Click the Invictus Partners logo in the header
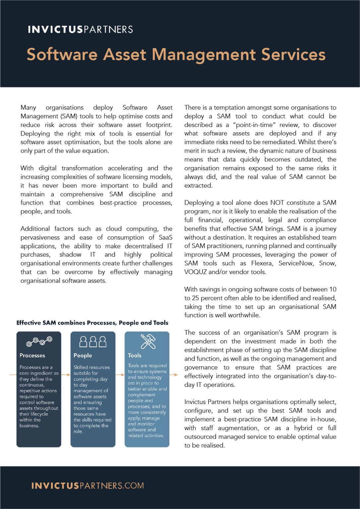(x=80, y=29)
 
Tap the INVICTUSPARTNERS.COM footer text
(x=88, y=486)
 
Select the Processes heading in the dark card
(x=32, y=356)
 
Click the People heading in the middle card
(x=83, y=356)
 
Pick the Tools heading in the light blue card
(x=135, y=356)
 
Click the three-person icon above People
(x=93, y=341)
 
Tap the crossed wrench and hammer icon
(x=148, y=341)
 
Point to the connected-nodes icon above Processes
(x=39, y=341)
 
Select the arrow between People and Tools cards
(x=120, y=375)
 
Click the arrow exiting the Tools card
(x=174, y=375)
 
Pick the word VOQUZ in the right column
(x=195, y=272)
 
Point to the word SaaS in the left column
(x=165, y=238)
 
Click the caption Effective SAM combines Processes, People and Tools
(x=92, y=323)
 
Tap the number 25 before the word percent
(x=196, y=298)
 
